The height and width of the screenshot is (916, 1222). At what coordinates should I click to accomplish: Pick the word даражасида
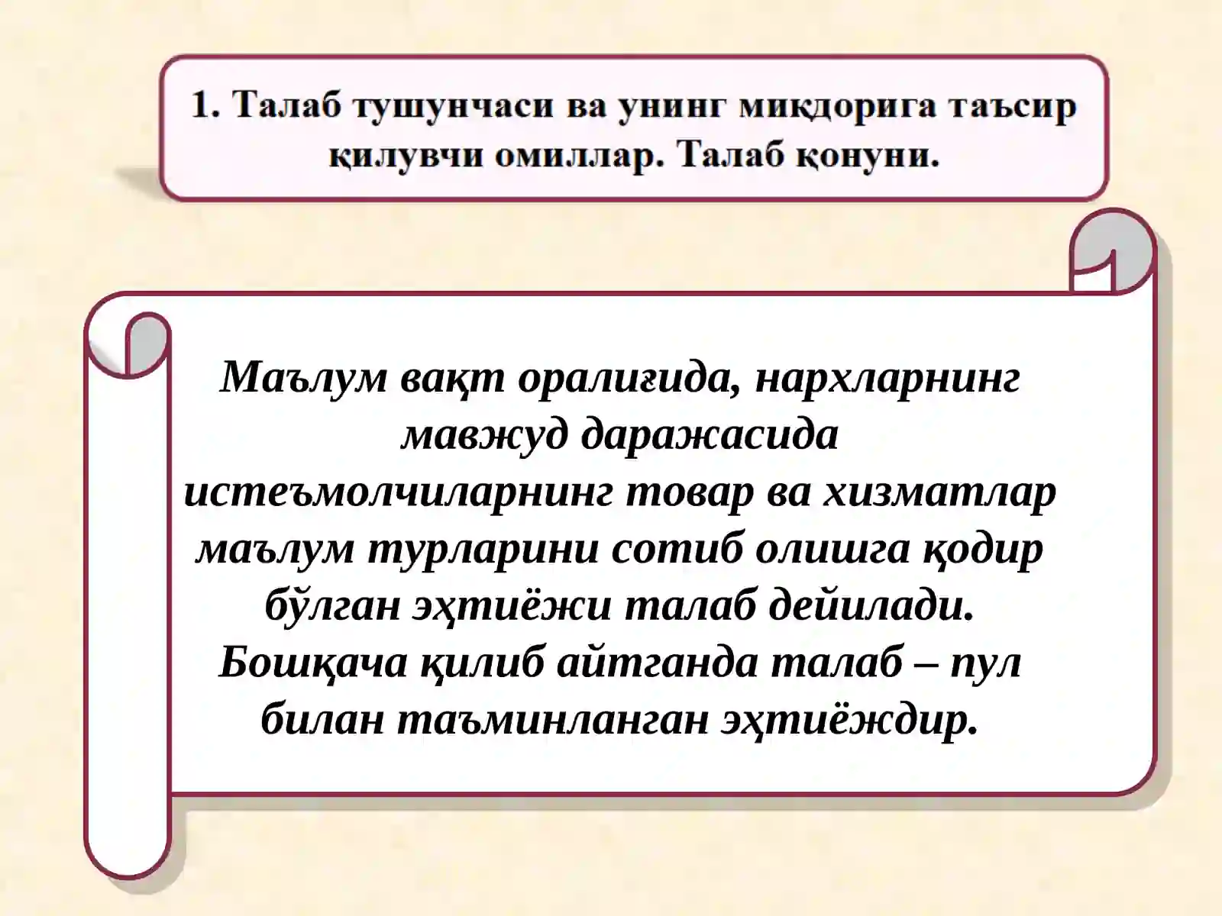[710, 434]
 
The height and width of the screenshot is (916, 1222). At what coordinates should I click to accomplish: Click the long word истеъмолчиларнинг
[398, 492]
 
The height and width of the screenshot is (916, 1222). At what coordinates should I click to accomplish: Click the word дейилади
[871, 606]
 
